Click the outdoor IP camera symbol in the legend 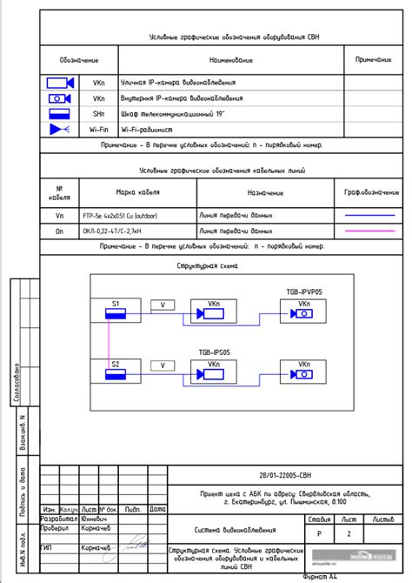pos(59,83)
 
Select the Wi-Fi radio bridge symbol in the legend pos(58,129)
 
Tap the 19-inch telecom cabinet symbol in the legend pos(59,113)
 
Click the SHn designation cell pos(99,113)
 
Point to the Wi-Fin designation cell pos(99,129)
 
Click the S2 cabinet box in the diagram pos(115,368)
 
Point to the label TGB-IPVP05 pos(304,292)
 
